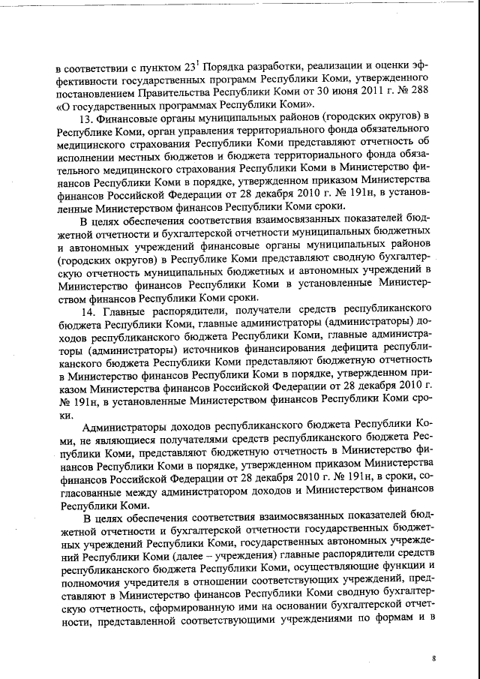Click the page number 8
[433, 658]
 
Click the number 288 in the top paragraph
[418, 91]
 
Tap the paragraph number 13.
[87, 119]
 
